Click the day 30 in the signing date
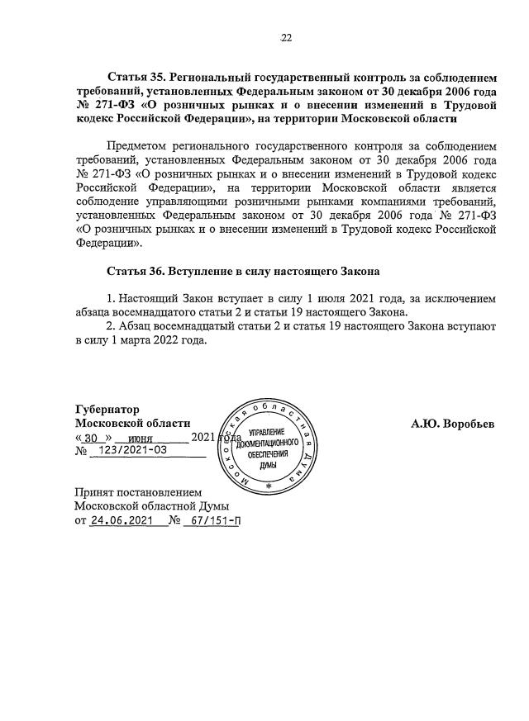(x=92, y=438)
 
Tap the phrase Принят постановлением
(x=132, y=492)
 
